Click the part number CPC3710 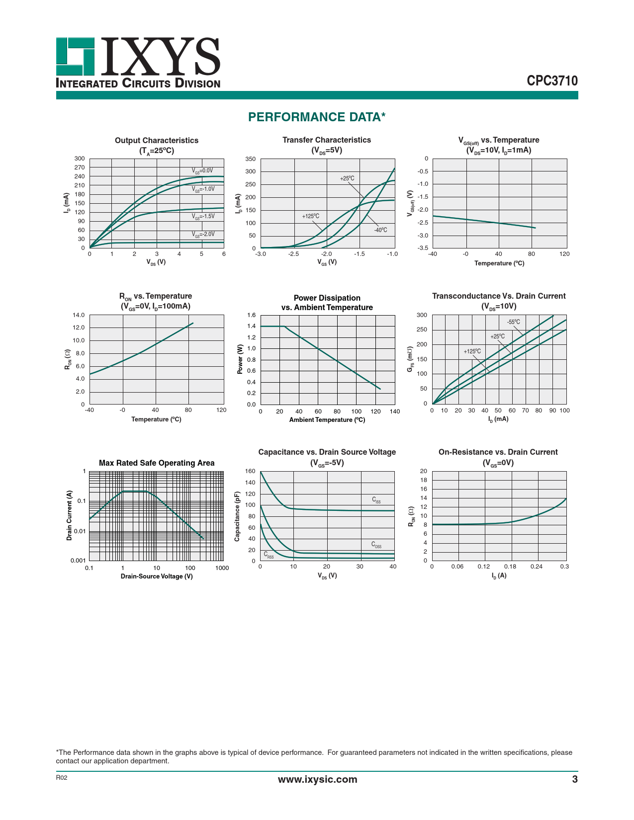[x=552, y=81]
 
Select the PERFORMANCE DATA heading [x=317, y=117]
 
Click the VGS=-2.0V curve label [x=203, y=234]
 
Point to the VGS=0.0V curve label [x=202, y=170]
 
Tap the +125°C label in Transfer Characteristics [x=311, y=216]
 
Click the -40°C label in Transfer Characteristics [x=380, y=230]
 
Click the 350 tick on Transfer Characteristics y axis [x=251, y=159]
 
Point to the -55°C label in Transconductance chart [x=514, y=322]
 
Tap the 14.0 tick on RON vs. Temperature [x=79, y=315]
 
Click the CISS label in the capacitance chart [x=376, y=500]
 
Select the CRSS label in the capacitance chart [x=269, y=555]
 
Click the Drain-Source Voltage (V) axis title [x=157, y=576]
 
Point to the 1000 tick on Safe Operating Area [x=222, y=568]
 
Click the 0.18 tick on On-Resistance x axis [x=510, y=567]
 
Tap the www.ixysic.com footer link [x=317, y=779]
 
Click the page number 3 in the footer [x=575, y=779]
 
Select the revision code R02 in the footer [x=61, y=778]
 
